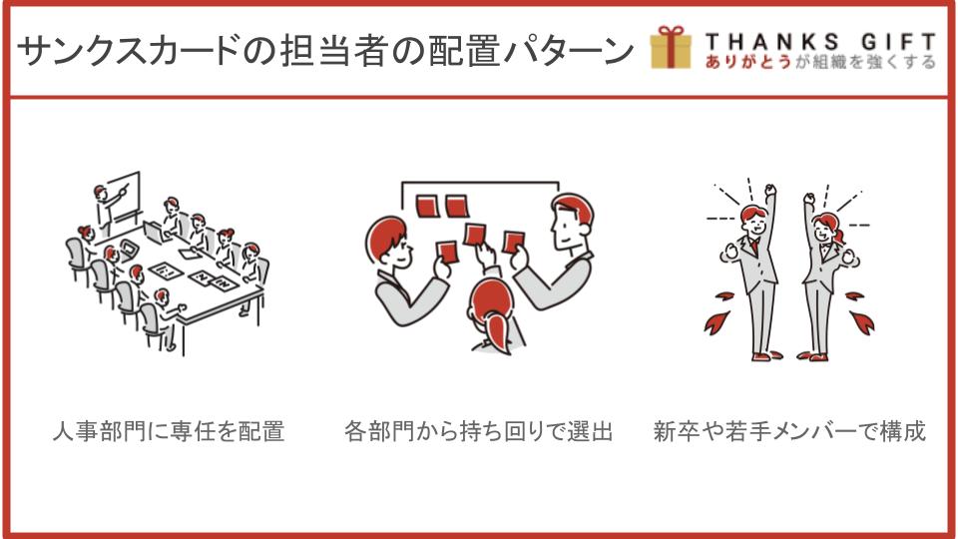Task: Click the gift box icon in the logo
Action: click(x=671, y=47)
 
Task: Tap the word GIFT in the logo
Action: click(x=898, y=42)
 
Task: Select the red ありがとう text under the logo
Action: click(x=747, y=62)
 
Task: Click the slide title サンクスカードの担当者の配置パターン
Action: click(x=325, y=50)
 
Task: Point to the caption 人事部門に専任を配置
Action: click(x=169, y=431)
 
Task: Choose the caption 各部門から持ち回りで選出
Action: click(x=478, y=431)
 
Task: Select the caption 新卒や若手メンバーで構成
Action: click(x=789, y=431)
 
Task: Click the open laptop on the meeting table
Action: click(x=154, y=233)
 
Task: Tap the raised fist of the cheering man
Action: click(x=770, y=189)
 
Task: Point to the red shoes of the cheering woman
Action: click(x=813, y=355)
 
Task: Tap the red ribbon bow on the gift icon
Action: click(x=671, y=32)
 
